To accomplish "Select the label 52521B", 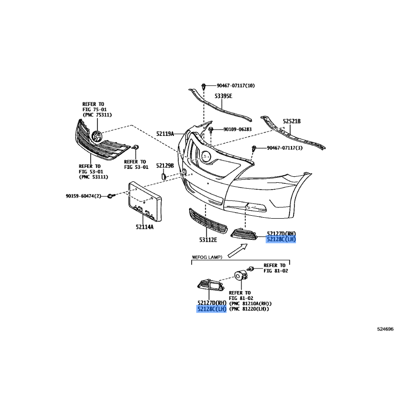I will tap(292, 121).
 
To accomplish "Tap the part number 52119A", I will tap(165, 133).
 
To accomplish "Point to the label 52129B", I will tap(165, 165).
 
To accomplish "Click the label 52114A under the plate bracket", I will tap(144, 227).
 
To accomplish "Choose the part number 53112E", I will tap(209, 240).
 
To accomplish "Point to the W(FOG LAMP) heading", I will tap(207, 257).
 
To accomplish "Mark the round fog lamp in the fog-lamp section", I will tap(240, 276).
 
